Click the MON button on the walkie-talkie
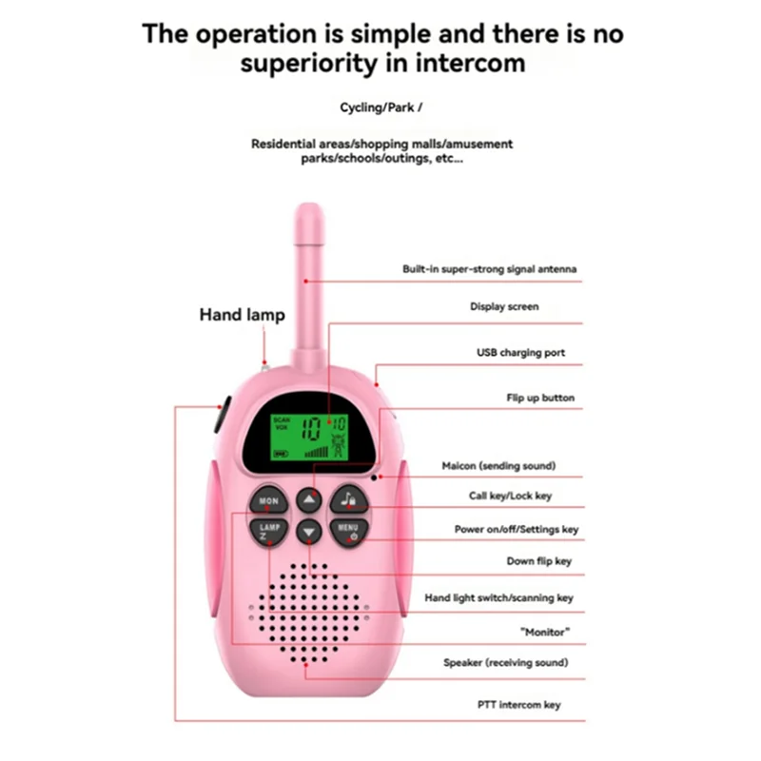[x=268, y=500]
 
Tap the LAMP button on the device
[x=268, y=529]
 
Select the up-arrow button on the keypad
[x=308, y=499]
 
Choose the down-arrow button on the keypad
[x=308, y=531]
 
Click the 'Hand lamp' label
[x=242, y=315]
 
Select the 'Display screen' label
[x=504, y=307]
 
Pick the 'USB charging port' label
[x=520, y=353]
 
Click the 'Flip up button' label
[x=539, y=398]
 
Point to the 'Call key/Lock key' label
[x=510, y=496]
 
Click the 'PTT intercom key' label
[x=518, y=705]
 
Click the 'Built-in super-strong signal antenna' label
[x=489, y=269]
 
